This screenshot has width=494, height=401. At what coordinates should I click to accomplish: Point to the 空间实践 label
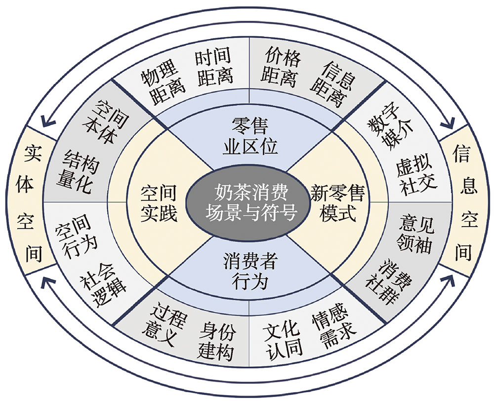(159, 203)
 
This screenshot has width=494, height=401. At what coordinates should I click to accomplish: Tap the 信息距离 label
(332, 84)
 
